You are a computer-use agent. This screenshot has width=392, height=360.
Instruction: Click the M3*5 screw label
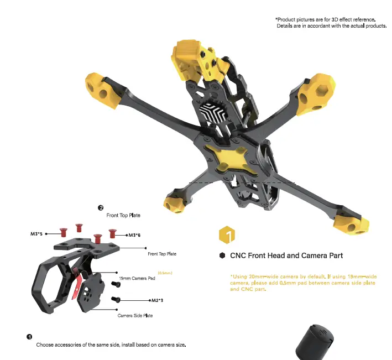(36, 234)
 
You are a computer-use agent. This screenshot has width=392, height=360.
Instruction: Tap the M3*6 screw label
(134, 235)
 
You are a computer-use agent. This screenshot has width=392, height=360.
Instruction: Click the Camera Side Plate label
(135, 316)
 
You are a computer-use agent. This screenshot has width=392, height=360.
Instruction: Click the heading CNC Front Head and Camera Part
(286, 255)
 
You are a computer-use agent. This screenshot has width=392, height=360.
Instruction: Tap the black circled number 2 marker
(101, 208)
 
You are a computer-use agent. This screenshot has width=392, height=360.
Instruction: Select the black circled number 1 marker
(29, 336)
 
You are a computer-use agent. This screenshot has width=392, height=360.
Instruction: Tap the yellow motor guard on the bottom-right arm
(351, 224)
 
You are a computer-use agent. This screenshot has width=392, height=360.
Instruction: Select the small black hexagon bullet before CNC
(222, 255)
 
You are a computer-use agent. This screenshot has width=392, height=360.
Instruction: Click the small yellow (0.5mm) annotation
(165, 273)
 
